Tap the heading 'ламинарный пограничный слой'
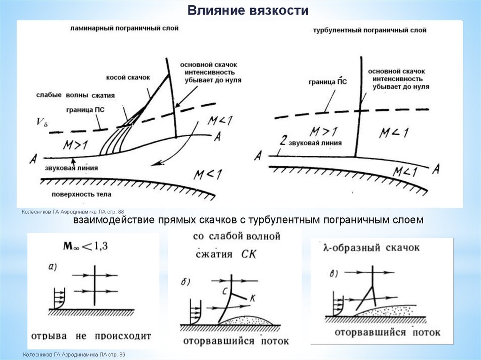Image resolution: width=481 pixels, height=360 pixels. point(124,28)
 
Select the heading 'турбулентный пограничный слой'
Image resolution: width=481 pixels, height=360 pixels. point(369,31)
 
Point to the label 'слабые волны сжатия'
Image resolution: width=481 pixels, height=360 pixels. point(76,95)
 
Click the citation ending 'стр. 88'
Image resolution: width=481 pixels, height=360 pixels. point(72,213)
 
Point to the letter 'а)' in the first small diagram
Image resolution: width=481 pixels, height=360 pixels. point(53,268)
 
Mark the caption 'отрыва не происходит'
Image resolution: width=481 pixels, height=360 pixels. point(91,336)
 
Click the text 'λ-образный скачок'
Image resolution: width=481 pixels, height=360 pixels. point(372,247)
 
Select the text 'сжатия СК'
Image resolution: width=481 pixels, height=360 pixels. point(226,254)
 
